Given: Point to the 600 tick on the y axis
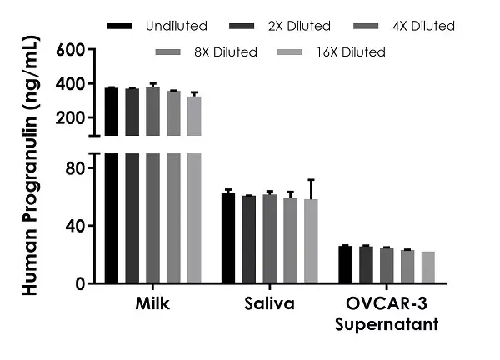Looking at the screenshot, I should (70, 50).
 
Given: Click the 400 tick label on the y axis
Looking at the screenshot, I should (70, 84).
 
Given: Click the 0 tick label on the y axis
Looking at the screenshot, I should (80, 283).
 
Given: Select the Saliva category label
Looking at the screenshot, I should (269, 303).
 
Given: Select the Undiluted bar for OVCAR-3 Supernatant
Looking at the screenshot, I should (345, 265).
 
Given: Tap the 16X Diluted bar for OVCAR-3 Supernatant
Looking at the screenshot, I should (427, 267).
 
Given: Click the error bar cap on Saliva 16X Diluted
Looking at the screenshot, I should (310, 179).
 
